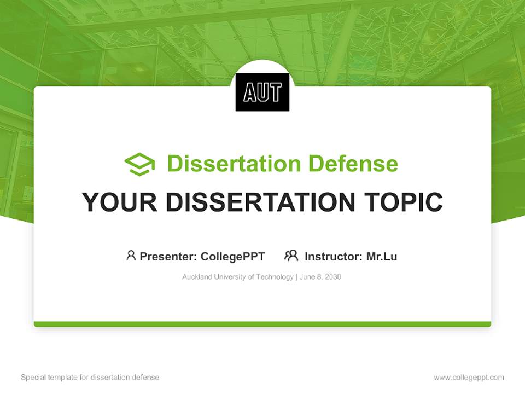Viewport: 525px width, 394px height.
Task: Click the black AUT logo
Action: pyautogui.click(x=262, y=92)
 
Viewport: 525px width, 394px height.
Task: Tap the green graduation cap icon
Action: pyautogui.click(x=139, y=164)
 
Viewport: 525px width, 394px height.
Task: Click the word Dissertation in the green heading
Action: pyautogui.click(x=234, y=164)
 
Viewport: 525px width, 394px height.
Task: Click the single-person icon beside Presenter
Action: pyautogui.click(x=131, y=256)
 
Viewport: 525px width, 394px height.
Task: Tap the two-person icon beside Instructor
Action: pyautogui.click(x=291, y=256)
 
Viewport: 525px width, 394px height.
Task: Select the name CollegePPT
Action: pyautogui.click(x=232, y=256)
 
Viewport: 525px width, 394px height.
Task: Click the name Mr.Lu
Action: pyautogui.click(x=382, y=256)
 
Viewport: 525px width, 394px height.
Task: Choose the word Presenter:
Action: pyautogui.click(x=168, y=256)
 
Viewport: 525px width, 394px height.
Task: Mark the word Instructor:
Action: pyautogui.click(x=333, y=256)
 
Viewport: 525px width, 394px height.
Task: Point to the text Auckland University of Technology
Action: pyautogui.click(x=237, y=277)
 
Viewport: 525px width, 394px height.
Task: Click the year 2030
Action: pyautogui.click(x=332, y=277)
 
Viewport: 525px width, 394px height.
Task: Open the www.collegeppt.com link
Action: pyautogui.click(x=469, y=378)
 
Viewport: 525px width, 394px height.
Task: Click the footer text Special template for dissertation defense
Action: pyautogui.click(x=90, y=378)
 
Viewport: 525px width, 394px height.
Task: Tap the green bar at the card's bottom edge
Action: pyautogui.click(x=262, y=324)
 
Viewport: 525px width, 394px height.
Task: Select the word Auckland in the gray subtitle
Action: pyautogui.click(x=196, y=277)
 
